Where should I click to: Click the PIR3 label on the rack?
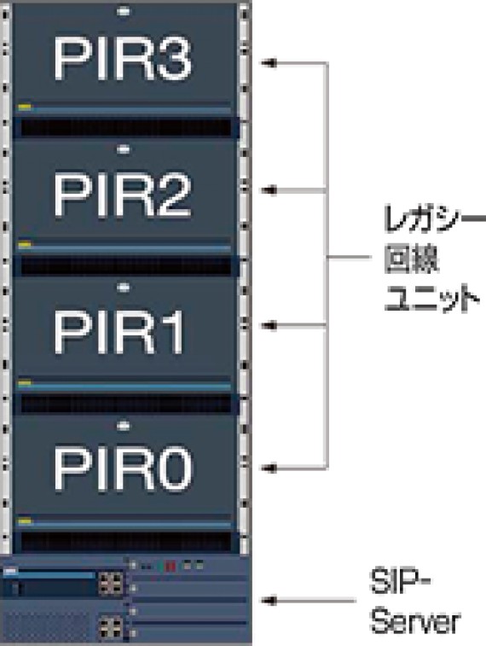(123, 58)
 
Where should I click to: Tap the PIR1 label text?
(119, 332)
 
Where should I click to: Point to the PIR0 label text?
(123, 468)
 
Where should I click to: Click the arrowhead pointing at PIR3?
(269, 63)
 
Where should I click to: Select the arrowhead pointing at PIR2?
(269, 190)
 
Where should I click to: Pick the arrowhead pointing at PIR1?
(269, 326)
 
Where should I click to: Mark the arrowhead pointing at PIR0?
(269, 468)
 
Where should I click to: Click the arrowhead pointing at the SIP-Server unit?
(269, 601)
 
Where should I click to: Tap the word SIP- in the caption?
(400, 581)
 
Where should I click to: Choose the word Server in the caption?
(415, 620)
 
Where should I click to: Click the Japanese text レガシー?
(434, 218)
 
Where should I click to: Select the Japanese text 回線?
(411, 259)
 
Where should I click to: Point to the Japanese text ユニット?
(432, 298)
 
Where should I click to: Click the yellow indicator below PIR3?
(25, 108)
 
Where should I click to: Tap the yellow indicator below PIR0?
(25, 521)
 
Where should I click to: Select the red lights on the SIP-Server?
(170, 567)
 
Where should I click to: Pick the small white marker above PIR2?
(123, 149)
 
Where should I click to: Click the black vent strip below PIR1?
(126, 404)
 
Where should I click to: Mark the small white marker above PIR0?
(123, 426)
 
